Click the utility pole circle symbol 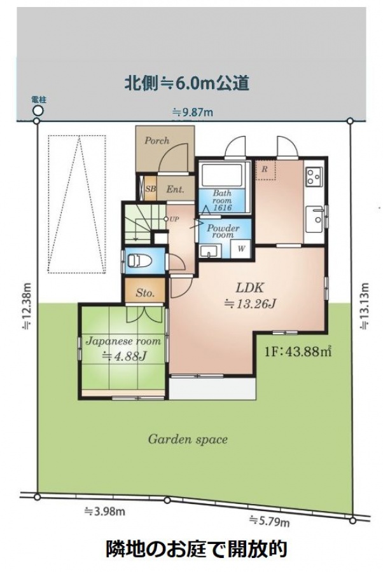click(x=38, y=110)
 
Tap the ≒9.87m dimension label click(x=193, y=112)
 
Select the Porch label click(x=157, y=140)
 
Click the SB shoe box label click(x=150, y=189)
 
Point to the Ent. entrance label click(x=175, y=189)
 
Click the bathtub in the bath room click(x=222, y=175)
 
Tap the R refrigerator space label click(x=265, y=170)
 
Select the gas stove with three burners click(x=314, y=177)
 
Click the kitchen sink click(x=314, y=219)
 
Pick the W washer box click(x=241, y=249)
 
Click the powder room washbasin click(x=209, y=251)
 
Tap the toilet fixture click(x=139, y=261)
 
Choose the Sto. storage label click(x=145, y=292)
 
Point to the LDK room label click(x=249, y=287)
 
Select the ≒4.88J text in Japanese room click(x=124, y=355)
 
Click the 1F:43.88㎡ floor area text click(x=298, y=351)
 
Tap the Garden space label click(x=188, y=439)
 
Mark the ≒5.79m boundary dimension click(x=270, y=521)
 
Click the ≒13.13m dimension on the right click(x=365, y=306)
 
